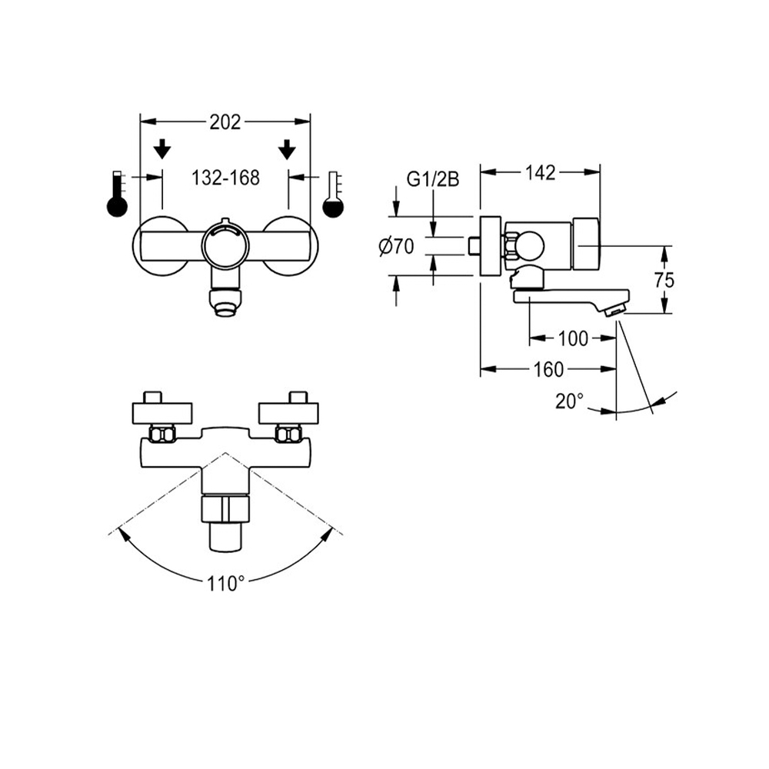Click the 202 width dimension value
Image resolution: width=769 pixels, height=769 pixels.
click(x=225, y=122)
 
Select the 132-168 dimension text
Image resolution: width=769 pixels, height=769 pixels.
click(x=225, y=178)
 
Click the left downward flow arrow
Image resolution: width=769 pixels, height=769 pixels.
click(x=162, y=148)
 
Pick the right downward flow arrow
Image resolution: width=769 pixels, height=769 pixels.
click(x=288, y=148)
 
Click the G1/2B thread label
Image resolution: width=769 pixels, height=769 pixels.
click(x=433, y=180)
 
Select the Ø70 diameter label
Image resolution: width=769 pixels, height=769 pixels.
click(x=397, y=246)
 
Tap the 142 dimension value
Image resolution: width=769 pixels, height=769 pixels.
click(x=541, y=173)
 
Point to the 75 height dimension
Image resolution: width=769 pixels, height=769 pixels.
click(x=664, y=280)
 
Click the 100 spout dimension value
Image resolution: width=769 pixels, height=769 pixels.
click(x=573, y=338)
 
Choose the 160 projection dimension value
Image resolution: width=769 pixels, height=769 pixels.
click(x=548, y=370)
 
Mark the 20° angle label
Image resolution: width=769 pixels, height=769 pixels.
click(x=569, y=400)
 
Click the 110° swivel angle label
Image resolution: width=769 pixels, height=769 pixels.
click(x=225, y=584)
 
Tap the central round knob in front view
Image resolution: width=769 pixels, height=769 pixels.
click(x=225, y=245)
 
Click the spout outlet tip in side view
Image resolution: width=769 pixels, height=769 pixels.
click(x=614, y=309)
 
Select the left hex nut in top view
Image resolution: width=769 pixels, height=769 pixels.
click(x=161, y=434)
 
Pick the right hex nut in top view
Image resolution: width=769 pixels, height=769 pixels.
click(x=288, y=434)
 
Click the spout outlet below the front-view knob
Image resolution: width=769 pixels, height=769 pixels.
click(x=225, y=305)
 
